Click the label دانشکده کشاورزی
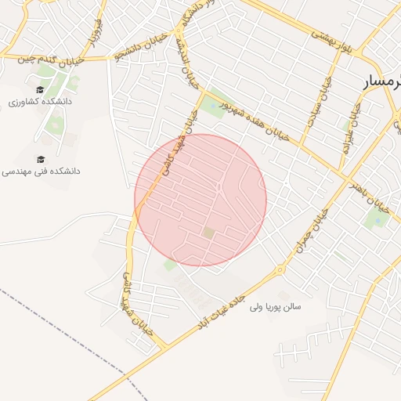(40, 102)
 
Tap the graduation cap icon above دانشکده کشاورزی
(40, 89)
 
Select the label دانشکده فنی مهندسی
(41, 171)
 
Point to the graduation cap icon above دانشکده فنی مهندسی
(41, 158)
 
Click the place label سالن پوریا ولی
(286, 305)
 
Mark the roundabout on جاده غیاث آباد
(280, 271)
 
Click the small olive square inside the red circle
(208, 232)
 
